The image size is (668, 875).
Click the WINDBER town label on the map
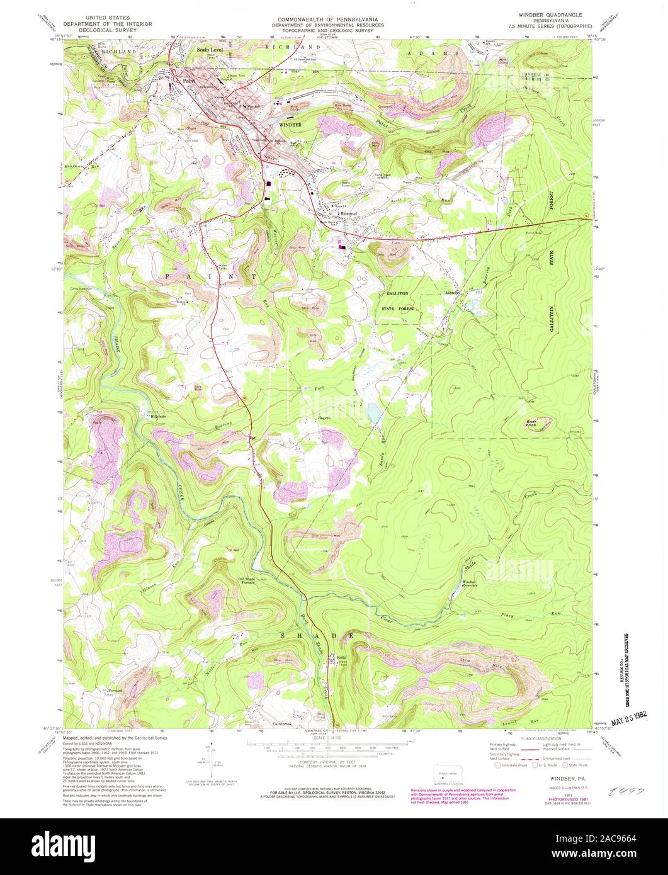pyautogui.click(x=291, y=125)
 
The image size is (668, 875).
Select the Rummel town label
pyautogui.click(x=349, y=213)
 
